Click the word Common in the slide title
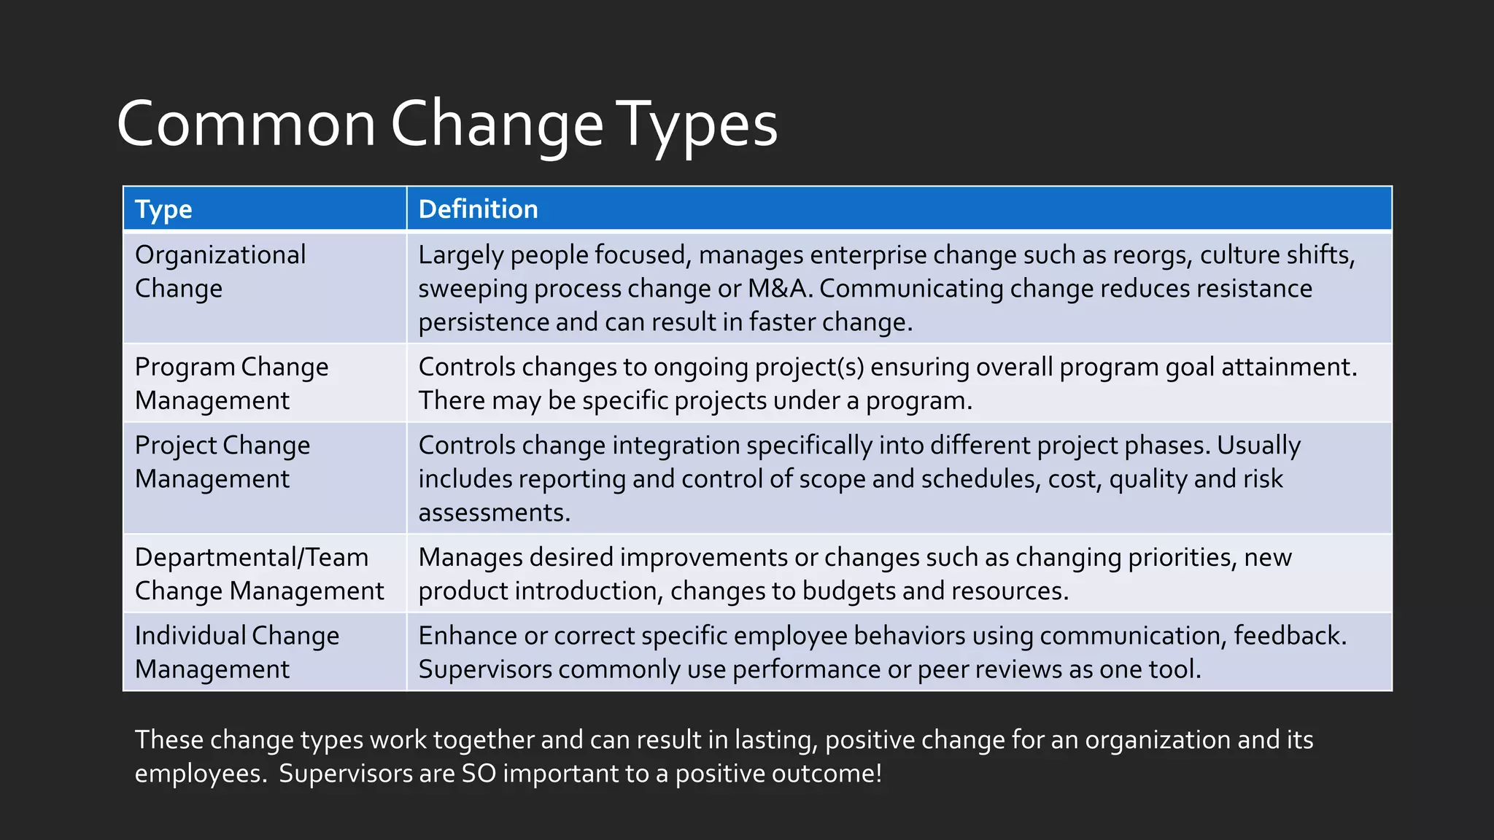(246, 124)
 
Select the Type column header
(163, 209)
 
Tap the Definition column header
(478, 209)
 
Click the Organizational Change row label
(220, 271)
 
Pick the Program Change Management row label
(231, 384)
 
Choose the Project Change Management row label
(222, 462)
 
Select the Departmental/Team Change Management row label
(259, 574)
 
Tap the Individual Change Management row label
(237, 652)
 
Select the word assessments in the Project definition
(494, 513)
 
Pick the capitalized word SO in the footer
(479, 773)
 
